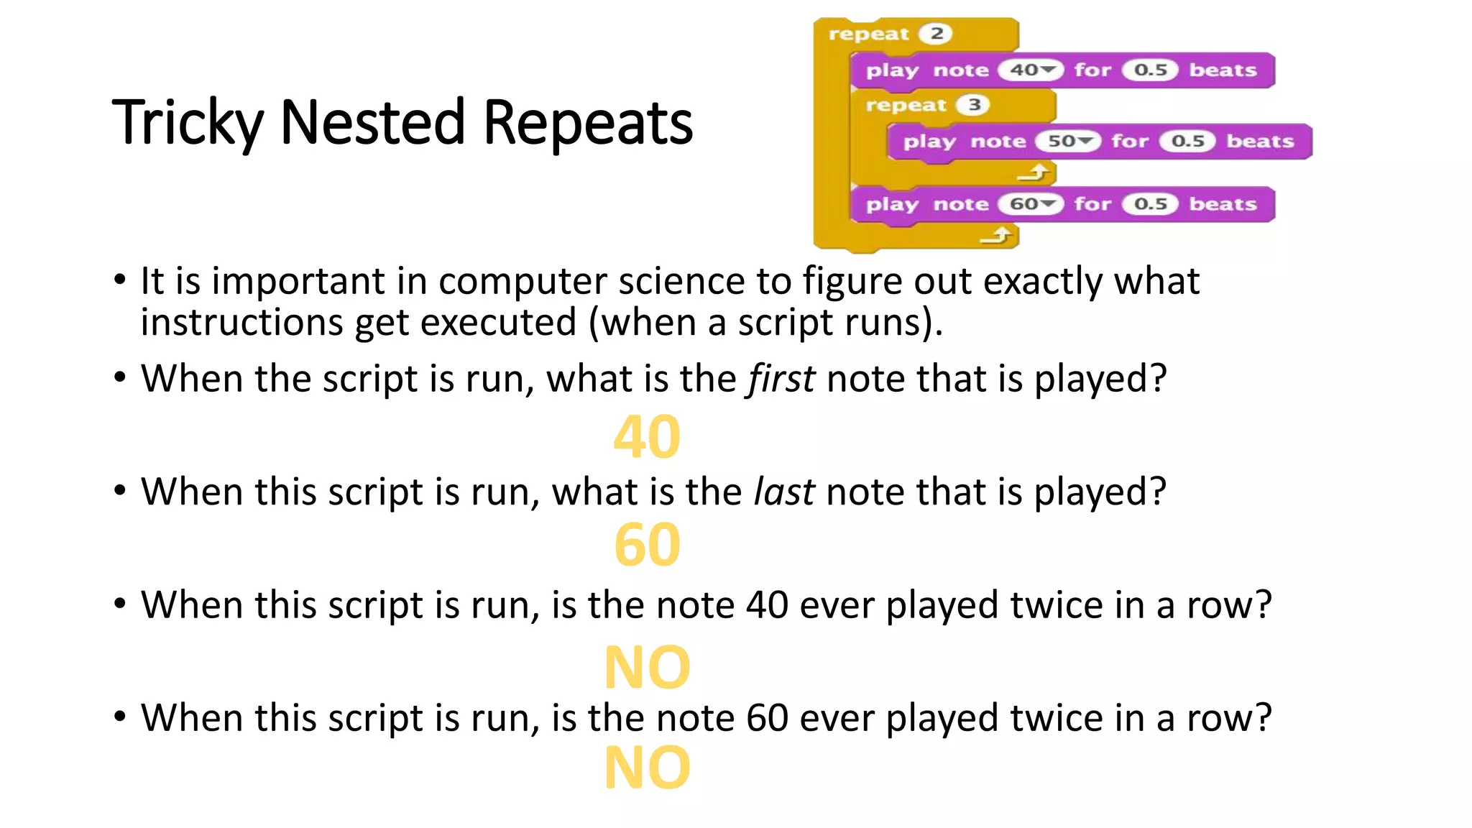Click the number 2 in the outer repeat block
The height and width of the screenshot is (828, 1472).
(936, 34)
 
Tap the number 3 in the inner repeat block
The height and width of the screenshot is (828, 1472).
(973, 105)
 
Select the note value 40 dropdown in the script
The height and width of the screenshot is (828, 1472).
(1031, 70)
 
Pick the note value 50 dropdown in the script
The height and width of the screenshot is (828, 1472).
(1068, 142)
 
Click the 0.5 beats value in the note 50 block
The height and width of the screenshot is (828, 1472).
(1187, 142)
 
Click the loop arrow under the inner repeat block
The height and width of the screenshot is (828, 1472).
(1034, 173)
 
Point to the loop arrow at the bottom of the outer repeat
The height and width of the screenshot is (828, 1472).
(997, 236)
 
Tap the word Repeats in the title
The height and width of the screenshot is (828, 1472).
(587, 122)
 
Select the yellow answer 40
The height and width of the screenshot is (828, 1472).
(647, 437)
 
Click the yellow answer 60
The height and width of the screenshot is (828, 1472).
(647, 546)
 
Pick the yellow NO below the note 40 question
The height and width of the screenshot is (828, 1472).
(647, 668)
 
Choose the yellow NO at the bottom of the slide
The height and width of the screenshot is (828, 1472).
(647, 768)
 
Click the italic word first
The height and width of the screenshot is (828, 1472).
(781, 379)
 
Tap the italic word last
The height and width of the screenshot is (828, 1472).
(783, 492)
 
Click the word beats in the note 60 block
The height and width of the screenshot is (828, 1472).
(1223, 204)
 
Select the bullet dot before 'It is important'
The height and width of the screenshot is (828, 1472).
(120, 280)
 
